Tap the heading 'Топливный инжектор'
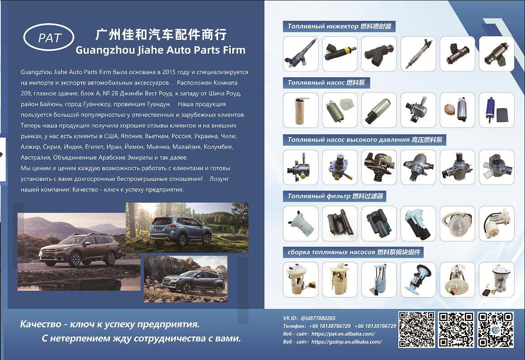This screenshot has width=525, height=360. [x=323, y=26]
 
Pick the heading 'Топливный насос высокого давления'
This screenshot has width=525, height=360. [x=348, y=139]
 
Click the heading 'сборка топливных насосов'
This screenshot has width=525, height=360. [x=331, y=252]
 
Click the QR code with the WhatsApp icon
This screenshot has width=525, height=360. [x=456, y=330]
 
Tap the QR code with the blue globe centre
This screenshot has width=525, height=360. [x=496, y=330]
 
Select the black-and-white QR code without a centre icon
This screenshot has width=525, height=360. [x=416, y=330]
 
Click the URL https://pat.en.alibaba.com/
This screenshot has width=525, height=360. [x=343, y=334]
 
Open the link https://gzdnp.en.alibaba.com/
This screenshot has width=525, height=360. [x=346, y=342]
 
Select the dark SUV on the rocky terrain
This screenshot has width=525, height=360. [x=194, y=281]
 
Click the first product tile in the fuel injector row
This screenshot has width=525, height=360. [x=301, y=54]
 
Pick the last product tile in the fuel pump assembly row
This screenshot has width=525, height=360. [x=496, y=279]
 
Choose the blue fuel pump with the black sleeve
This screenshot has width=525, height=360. [x=496, y=110]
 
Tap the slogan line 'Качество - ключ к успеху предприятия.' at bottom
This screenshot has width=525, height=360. [x=110, y=324]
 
